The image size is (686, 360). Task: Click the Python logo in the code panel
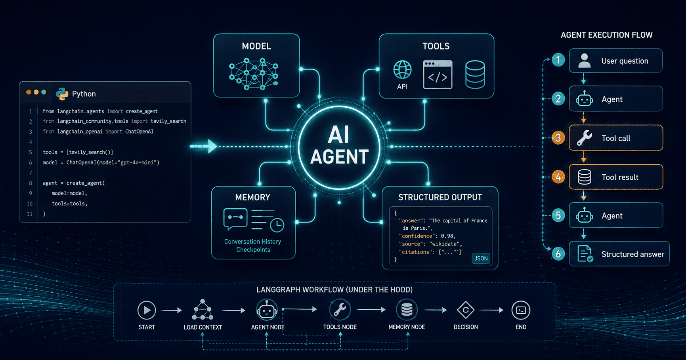(x=62, y=94)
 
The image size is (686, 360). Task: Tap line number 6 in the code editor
(x=31, y=162)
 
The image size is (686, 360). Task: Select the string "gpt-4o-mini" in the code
(x=137, y=162)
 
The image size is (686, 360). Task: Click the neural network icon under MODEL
(x=254, y=74)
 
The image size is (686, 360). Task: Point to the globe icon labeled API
(x=402, y=70)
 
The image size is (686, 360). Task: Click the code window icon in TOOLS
(x=438, y=74)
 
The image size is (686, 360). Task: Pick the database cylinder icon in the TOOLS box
(x=475, y=74)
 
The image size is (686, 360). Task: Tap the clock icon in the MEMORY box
(x=277, y=225)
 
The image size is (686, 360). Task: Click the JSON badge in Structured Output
(x=481, y=258)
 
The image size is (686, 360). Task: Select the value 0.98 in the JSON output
(x=448, y=236)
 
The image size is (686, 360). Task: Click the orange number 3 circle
(x=558, y=138)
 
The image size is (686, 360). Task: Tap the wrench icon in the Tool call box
(x=584, y=138)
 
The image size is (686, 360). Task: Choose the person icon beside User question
(x=584, y=61)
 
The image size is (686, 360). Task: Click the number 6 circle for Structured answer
(x=558, y=253)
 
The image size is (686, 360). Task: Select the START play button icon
(x=147, y=310)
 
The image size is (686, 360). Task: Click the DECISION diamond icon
(x=466, y=310)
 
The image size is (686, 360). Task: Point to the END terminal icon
(x=521, y=310)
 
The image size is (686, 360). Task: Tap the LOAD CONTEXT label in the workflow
(x=203, y=327)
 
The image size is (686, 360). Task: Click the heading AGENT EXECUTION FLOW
(x=606, y=35)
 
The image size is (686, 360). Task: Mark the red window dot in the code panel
(x=29, y=92)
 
